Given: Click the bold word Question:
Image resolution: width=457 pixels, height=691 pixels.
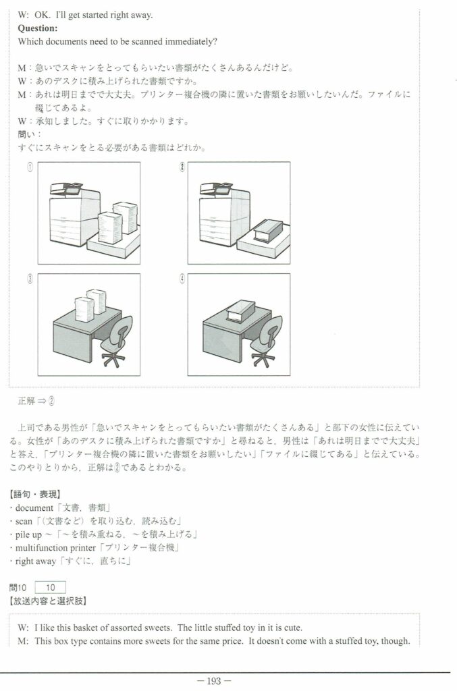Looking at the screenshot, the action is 37,28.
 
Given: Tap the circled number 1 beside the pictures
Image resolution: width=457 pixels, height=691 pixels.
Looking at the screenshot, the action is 30,167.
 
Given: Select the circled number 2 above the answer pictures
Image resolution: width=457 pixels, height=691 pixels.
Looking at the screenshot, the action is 182,167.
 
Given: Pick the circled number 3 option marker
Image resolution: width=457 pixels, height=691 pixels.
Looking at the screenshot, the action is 30,279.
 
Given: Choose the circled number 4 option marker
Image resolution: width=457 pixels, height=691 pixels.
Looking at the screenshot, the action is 182,279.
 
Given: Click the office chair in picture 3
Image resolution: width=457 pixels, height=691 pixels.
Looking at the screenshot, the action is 117,341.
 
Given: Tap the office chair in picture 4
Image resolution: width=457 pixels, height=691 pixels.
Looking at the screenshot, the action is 267,341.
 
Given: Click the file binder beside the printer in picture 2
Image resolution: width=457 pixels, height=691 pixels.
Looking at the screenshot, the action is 268,231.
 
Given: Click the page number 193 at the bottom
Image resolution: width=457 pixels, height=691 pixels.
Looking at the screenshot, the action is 214,681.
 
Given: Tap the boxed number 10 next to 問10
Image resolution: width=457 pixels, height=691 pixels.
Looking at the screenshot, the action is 50,588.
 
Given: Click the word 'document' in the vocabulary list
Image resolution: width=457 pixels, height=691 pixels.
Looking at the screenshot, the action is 34,507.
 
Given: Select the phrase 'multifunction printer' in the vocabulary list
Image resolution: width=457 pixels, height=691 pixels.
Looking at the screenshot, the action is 55,548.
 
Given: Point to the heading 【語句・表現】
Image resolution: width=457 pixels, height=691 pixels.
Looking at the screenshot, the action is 35,494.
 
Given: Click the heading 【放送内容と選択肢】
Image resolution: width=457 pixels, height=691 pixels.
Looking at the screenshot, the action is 48,601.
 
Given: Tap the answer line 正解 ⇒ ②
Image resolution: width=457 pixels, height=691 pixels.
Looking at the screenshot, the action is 36,401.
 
